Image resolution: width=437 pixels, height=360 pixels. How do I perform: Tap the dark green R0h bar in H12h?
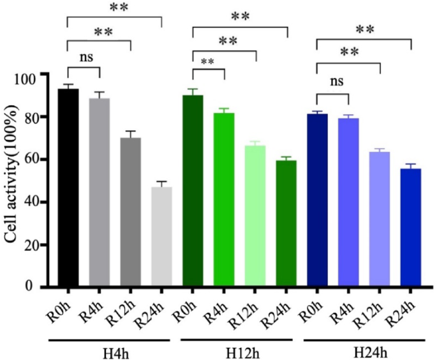point(193,191)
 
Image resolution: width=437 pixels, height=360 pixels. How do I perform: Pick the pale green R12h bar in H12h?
point(255,216)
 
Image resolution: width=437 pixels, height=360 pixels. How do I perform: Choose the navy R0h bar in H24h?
point(317,200)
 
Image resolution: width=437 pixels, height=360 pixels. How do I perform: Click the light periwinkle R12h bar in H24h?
point(380,220)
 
